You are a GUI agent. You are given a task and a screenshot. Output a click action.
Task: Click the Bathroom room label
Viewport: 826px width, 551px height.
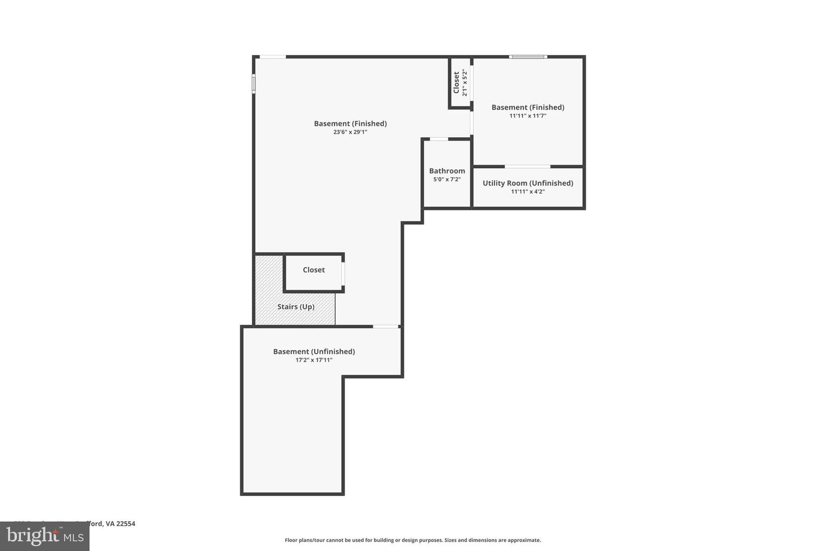447,170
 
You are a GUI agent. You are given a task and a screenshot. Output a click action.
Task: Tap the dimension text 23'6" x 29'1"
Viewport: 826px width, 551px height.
350,132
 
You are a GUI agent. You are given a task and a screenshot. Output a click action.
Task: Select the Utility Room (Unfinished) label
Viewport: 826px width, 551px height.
528,183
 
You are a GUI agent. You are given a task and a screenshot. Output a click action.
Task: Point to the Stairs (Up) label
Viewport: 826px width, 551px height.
296,306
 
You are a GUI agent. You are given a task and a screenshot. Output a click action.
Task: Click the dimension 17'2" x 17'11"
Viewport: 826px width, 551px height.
314,360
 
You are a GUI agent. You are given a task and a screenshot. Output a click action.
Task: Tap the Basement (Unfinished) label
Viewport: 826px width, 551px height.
314,351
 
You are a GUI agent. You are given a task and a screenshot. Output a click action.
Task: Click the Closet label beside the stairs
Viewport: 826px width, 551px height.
314,270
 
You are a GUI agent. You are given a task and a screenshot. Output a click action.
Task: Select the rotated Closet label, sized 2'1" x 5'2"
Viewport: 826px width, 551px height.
457,83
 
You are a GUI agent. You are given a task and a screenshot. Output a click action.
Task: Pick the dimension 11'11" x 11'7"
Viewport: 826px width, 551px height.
528,116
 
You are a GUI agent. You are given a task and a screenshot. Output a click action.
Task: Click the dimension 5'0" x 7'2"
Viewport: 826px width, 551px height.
447,180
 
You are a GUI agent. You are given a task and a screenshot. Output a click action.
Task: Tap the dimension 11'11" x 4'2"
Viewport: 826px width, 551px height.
528,192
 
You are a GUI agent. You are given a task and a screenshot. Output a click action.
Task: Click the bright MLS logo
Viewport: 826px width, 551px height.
44,537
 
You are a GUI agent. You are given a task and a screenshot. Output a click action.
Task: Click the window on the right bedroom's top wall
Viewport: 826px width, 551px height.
528,57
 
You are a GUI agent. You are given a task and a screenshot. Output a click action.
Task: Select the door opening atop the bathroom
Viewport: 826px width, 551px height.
439,139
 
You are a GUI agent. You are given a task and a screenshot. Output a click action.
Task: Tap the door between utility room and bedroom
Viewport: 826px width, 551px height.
527,166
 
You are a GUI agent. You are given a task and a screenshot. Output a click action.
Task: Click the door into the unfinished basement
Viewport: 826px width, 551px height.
385,327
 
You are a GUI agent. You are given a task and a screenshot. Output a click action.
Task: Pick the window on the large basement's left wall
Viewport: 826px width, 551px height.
254,84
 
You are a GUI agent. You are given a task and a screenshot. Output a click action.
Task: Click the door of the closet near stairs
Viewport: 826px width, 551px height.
343,273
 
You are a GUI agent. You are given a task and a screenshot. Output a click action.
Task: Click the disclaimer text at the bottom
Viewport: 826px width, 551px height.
412,540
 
